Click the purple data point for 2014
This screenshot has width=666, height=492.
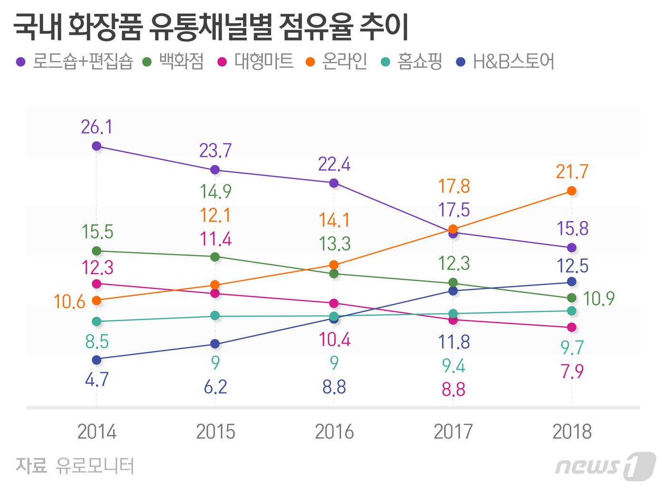point(97,146)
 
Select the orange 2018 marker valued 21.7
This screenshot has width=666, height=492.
point(572,191)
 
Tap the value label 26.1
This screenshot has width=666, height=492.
point(97,127)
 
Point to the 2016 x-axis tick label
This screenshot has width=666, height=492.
point(334,432)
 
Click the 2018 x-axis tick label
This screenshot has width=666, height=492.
point(572,432)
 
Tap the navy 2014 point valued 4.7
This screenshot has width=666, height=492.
point(97,360)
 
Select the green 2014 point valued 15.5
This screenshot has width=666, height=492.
point(97,251)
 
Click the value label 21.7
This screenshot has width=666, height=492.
point(572,172)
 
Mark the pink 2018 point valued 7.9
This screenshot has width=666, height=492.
point(572,327)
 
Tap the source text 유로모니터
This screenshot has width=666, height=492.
point(95,466)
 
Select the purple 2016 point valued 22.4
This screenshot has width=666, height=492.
point(334,183)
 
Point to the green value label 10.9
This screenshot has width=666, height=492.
point(598,299)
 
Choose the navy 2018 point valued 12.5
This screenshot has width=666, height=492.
point(572,282)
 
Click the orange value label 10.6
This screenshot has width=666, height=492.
point(69,302)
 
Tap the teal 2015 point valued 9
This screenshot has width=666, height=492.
point(215,315)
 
